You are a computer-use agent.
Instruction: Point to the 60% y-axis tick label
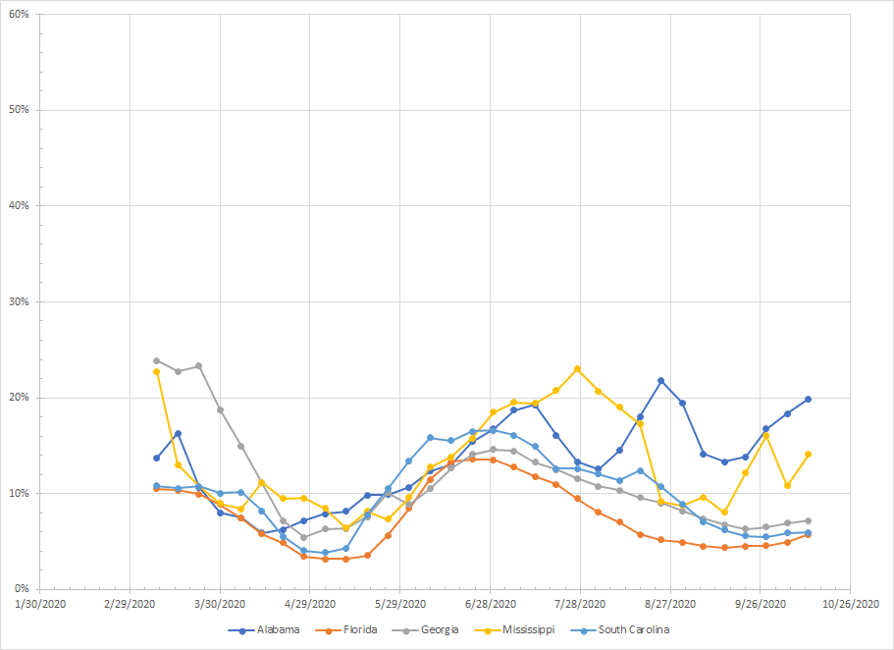point(18,14)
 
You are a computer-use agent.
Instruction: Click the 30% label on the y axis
point(18,301)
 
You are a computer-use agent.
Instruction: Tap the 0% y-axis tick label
point(22,588)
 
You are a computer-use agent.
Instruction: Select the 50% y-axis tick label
point(18,110)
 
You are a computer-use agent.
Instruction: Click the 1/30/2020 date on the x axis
point(40,605)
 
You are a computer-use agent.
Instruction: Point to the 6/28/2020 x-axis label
point(491,605)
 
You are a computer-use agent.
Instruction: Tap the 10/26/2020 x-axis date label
point(849,605)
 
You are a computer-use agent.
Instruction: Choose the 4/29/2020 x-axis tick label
point(310,605)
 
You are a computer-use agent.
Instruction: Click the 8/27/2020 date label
point(671,605)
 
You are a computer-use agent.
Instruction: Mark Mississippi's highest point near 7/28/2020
point(577,369)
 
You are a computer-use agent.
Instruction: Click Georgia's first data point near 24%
point(156,360)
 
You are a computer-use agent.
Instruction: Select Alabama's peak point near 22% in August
point(661,380)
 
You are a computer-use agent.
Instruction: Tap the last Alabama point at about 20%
point(808,399)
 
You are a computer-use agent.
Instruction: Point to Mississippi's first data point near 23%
point(156,371)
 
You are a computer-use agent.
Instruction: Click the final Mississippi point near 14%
point(808,454)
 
